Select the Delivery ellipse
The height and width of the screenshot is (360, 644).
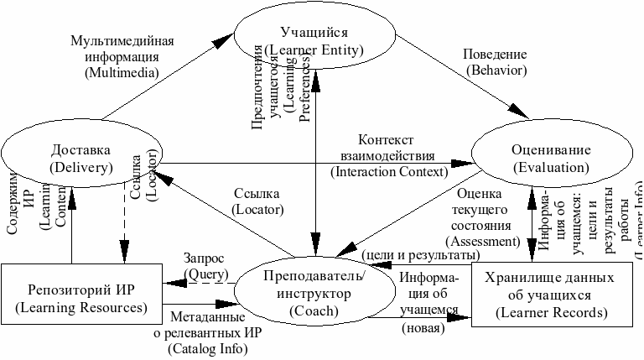tap(80, 159)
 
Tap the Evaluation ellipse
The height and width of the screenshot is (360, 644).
tap(550, 159)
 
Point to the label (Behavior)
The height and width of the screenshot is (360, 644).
tap(494, 69)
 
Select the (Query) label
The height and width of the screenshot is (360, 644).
tap(204, 274)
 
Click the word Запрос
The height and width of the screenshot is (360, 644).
tap(205, 259)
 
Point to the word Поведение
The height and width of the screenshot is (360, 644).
tap(494, 54)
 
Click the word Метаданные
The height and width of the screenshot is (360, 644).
tap(208, 318)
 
